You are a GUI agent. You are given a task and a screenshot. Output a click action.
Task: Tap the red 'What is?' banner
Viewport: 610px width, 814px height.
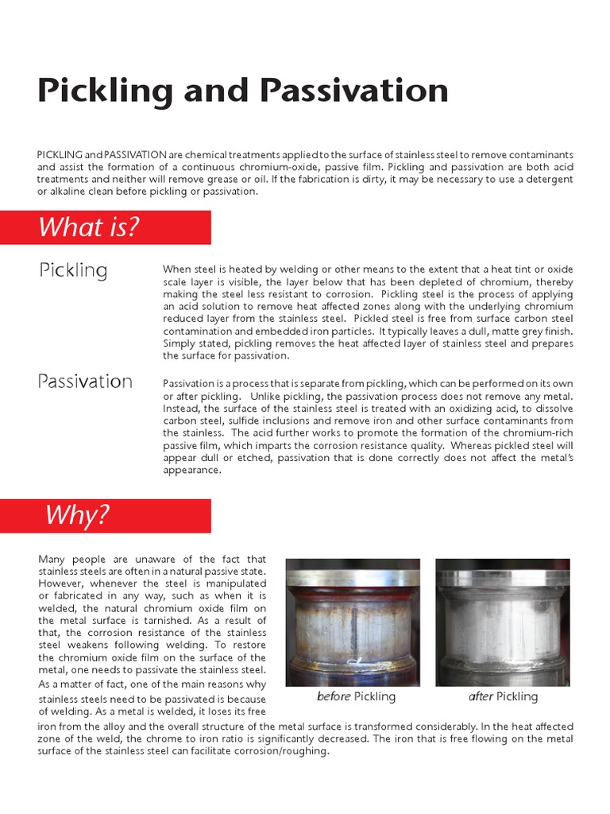pyautogui.click(x=124, y=227)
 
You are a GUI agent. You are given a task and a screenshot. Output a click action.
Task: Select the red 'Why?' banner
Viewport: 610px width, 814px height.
pyautogui.click(x=124, y=515)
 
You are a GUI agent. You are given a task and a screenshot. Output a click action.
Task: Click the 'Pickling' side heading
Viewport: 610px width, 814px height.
pyautogui.click(x=73, y=270)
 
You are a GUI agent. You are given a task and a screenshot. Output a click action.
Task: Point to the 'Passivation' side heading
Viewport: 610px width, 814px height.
pyautogui.click(x=85, y=382)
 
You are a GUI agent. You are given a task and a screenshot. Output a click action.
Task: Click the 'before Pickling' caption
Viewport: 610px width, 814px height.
pyautogui.click(x=356, y=696)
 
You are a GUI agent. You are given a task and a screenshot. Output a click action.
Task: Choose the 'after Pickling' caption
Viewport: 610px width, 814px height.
pyautogui.click(x=503, y=696)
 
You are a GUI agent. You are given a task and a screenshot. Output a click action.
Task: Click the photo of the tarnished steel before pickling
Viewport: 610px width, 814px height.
pyautogui.click(x=353, y=622)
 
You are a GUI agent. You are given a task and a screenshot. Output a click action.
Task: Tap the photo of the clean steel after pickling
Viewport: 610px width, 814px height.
pyautogui.click(x=502, y=622)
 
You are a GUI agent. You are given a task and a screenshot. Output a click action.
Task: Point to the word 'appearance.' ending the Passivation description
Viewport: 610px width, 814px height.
pyautogui.click(x=191, y=470)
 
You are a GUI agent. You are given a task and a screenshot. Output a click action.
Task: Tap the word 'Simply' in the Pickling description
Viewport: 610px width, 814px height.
pyautogui.click(x=180, y=343)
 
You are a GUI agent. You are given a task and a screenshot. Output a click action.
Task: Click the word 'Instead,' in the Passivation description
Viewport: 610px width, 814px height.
pyautogui.click(x=183, y=408)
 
